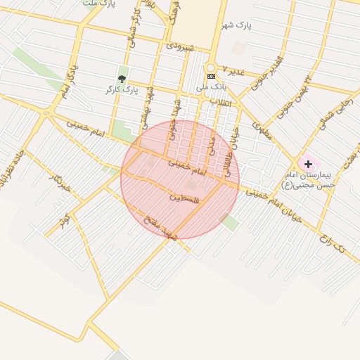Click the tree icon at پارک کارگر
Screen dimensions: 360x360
click(x=122, y=79)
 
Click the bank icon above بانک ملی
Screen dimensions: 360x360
click(x=211, y=76)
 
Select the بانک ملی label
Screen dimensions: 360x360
click(x=212, y=86)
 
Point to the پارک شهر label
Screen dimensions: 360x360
click(x=236, y=25)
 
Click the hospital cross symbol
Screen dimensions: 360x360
click(x=307, y=164)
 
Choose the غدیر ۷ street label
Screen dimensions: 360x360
click(x=233, y=70)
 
